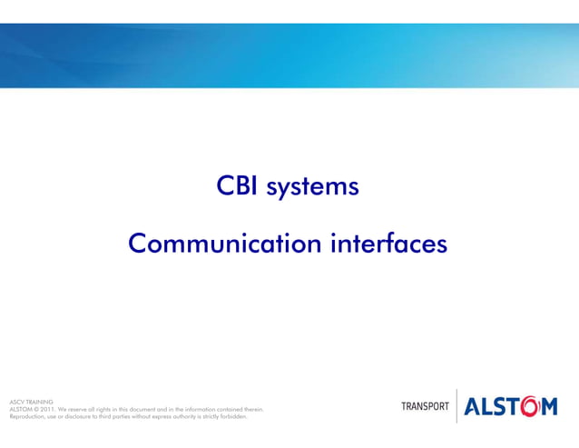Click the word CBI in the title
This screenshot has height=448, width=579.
coord(237,187)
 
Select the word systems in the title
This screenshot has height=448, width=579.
coord(313,188)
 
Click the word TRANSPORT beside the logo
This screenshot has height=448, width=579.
coord(425,406)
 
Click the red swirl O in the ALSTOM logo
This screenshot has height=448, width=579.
coord(528,406)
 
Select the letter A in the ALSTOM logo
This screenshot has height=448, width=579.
coord(474,407)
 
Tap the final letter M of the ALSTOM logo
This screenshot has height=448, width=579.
coord(549,407)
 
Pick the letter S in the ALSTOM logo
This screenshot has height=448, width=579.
coord(500,407)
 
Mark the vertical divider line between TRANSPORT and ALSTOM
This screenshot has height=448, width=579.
coord(456,405)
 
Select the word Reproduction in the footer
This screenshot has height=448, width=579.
coord(26,416)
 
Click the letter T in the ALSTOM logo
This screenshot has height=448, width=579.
coord(513,407)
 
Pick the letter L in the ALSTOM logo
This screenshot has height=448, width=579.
coord(488,407)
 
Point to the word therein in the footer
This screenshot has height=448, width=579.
coord(253,409)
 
